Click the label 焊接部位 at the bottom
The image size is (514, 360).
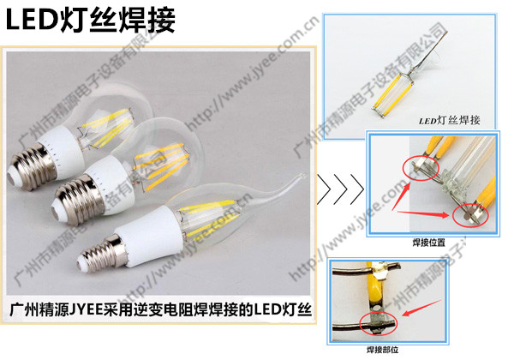click(x=383, y=350)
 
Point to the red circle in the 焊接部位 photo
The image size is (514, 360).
click(x=378, y=321)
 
